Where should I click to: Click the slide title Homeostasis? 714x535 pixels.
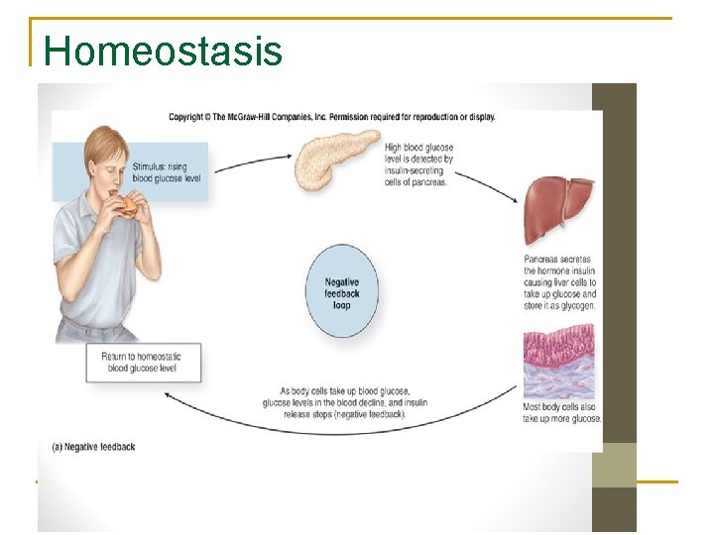(x=164, y=51)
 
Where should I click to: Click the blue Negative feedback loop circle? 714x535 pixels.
(x=342, y=292)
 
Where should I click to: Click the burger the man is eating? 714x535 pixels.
(x=129, y=206)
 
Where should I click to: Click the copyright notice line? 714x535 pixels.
(x=331, y=117)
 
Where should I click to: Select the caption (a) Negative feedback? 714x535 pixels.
(x=93, y=447)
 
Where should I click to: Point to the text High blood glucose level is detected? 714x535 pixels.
(x=419, y=164)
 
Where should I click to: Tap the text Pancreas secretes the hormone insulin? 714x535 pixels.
(x=560, y=282)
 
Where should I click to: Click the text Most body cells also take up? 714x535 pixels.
(x=562, y=412)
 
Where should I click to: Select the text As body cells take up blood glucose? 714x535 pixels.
(x=344, y=402)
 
